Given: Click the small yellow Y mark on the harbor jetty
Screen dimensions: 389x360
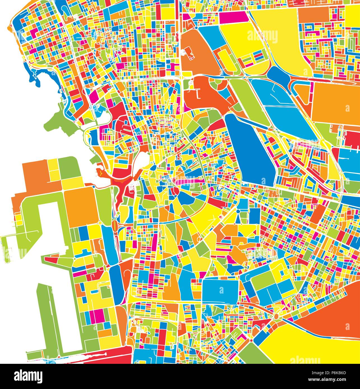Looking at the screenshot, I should click(x=100, y=173).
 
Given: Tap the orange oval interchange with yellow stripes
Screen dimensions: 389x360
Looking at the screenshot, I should click(x=115, y=224).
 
